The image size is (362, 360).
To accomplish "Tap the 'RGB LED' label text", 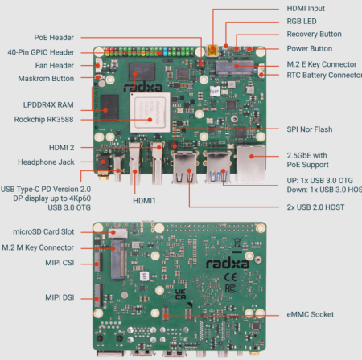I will point(303,22).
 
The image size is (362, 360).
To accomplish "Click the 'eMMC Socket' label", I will point(310,314).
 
